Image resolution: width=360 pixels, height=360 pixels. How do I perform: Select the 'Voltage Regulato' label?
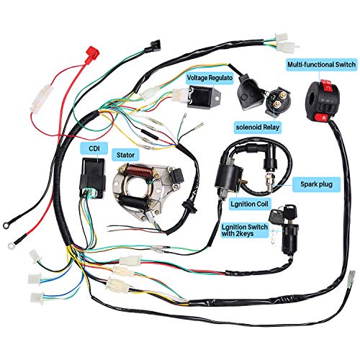click(x=211, y=76)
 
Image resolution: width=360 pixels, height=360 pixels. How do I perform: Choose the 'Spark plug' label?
click(x=316, y=184)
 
